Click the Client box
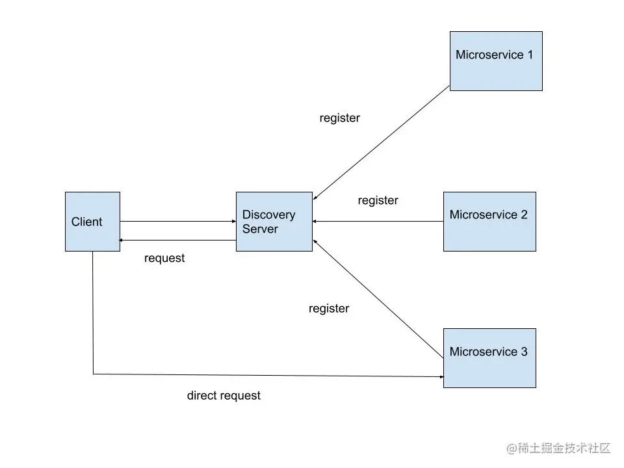tap(92, 222)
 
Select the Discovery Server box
tap(274, 222)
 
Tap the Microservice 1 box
tap(496, 60)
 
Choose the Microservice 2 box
tap(489, 222)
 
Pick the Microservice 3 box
tap(489, 358)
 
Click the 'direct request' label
tap(224, 395)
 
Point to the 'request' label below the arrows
tap(164, 258)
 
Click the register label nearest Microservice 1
tap(339, 118)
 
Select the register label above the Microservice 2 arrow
tap(378, 200)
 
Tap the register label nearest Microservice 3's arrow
tap(328, 308)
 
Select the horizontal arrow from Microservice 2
tap(377, 222)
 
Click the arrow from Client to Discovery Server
tap(177, 222)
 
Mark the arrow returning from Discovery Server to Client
tap(177, 240)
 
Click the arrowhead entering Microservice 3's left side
tap(440, 376)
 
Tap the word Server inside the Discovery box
tap(260, 229)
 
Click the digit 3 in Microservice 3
tap(524, 352)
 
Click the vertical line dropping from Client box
tap(93, 312)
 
